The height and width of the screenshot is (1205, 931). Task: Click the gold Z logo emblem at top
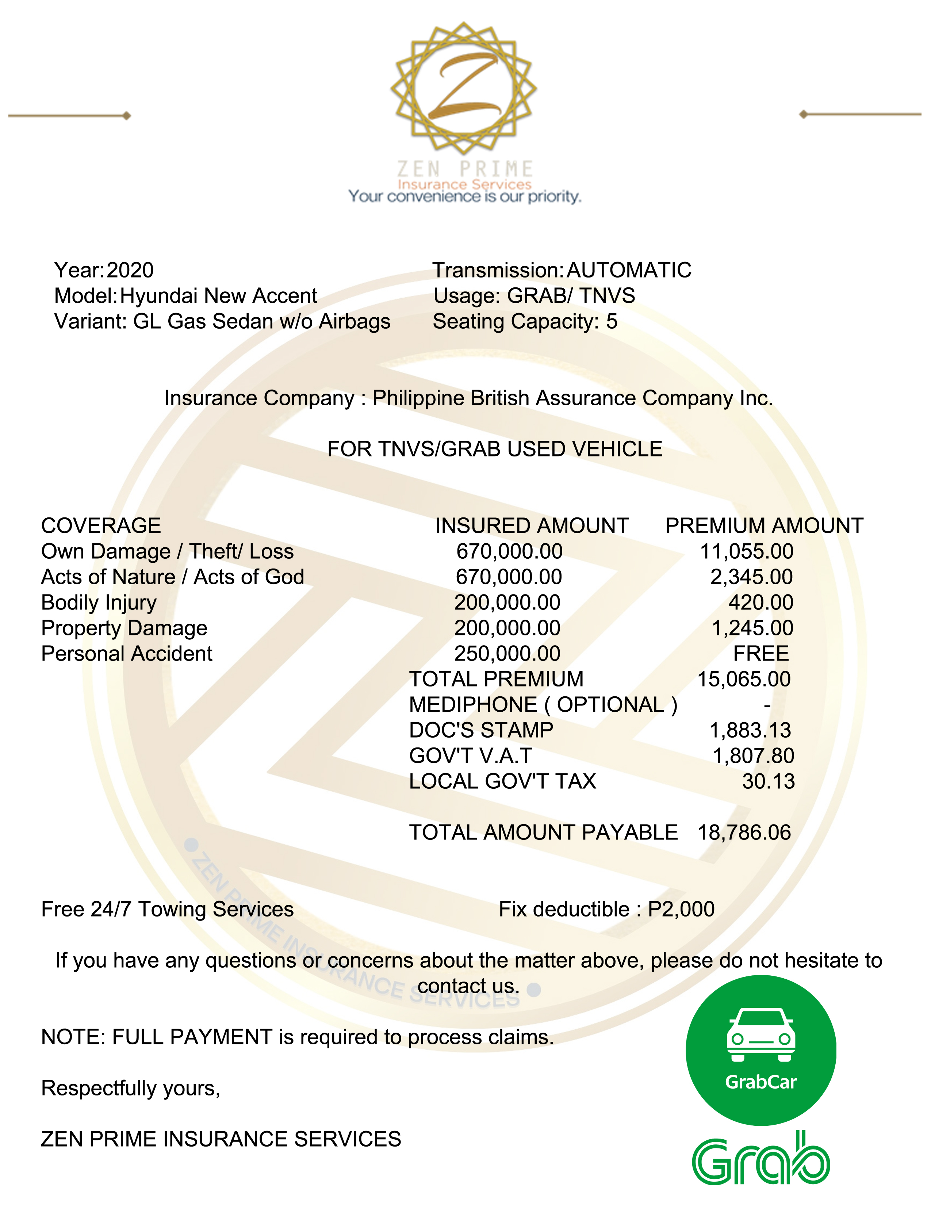[463, 88]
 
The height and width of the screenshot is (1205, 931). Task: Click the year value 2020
[130, 270]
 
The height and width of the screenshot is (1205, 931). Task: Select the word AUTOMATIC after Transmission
[629, 270]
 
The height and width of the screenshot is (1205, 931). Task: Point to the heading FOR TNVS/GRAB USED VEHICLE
[495, 449]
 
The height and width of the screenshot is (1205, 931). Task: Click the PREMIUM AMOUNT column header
[764, 526]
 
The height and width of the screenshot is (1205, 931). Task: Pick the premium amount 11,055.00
[746, 551]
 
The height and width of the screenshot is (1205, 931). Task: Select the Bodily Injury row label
[99, 602]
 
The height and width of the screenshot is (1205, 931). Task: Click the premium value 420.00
[760, 602]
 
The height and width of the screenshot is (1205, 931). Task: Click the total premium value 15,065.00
[744, 679]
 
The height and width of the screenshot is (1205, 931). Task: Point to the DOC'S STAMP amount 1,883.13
[750, 731]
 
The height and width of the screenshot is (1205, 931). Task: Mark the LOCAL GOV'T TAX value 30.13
[768, 782]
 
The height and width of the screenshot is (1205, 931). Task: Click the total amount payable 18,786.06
[744, 833]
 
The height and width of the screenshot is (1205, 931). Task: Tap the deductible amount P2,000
[681, 909]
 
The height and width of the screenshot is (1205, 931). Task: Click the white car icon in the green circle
[760, 1036]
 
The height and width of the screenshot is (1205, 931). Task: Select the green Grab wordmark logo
[760, 1159]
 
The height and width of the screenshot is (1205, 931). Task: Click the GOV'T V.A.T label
[471, 756]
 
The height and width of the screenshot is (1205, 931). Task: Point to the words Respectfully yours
[131, 1088]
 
